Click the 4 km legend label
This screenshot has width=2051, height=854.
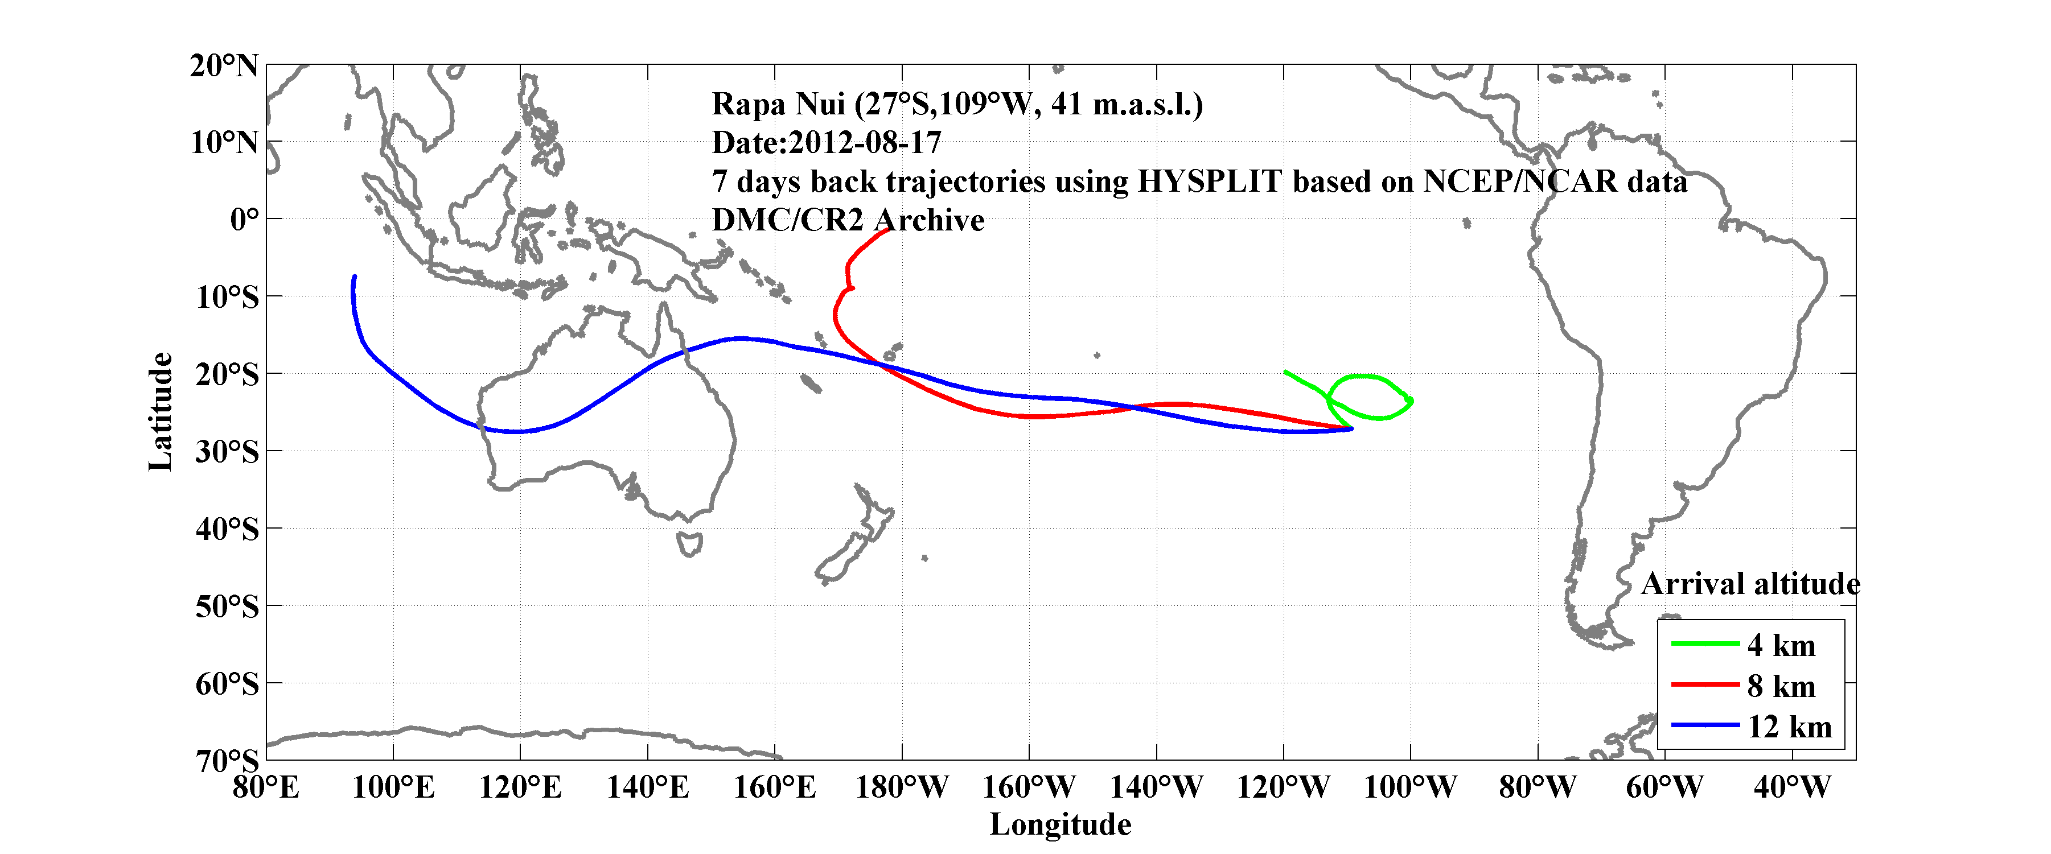point(1781,645)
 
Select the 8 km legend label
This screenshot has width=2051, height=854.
point(1781,686)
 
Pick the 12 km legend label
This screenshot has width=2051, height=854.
point(1789,727)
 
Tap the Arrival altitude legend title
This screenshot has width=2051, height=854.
point(1750,584)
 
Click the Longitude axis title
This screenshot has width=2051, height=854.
point(1060,824)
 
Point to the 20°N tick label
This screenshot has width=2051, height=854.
point(224,65)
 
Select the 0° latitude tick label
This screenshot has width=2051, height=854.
point(244,219)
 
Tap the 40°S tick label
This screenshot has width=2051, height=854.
point(227,529)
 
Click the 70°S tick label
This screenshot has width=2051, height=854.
point(227,760)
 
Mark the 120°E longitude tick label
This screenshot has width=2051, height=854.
point(520,788)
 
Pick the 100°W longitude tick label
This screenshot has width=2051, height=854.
point(1410,788)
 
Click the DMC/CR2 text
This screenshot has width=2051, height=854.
point(787,220)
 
